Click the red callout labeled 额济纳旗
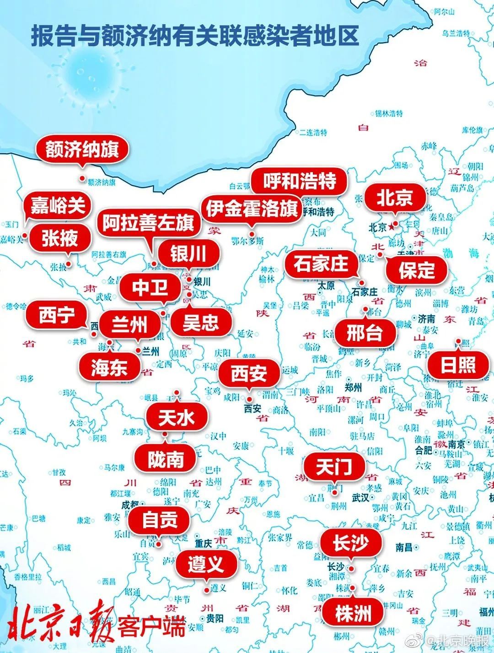pyautogui.click(x=82, y=150)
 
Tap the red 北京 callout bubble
pyautogui.click(x=394, y=198)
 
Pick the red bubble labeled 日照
pyautogui.click(x=458, y=365)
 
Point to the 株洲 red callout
pyautogui.click(x=353, y=613)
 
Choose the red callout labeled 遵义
pyautogui.click(x=206, y=563)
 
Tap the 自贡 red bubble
pyautogui.click(x=160, y=520)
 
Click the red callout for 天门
pyautogui.click(x=334, y=467)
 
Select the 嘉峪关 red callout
pyautogui.click(x=58, y=206)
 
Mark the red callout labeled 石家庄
pyautogui.click(x=321, y=264)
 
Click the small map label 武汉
pyautogui.click(x=361, y=497)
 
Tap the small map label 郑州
pyautogui.click(x=353, y=388)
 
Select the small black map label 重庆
pyautogui.click(x=204, y=543)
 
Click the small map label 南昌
pyautogui.click(x=404, y=547)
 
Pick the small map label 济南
pyautogui.click(x=426, y=319)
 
